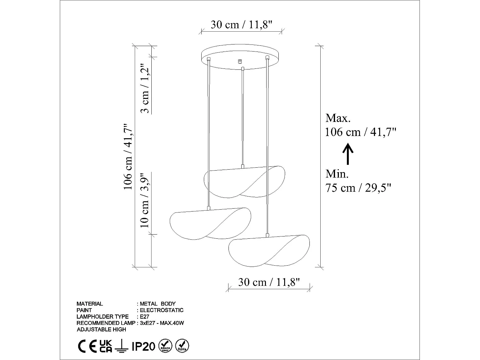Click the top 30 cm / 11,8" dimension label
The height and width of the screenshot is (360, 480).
pyautogui.click(x=241, y=25)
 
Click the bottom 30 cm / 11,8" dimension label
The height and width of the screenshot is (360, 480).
pyautogui.click(x=269, y=282)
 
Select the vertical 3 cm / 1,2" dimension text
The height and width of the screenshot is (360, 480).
pyautogui.click(x=145, y=89)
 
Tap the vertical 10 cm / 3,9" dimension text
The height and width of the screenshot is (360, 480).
pyautogui.click(x=145, y=200)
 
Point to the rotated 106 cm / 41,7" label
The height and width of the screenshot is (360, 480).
pyautogui.click(x=128, y=156)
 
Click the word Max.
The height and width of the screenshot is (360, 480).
pyautogui.click(x=338, y=118)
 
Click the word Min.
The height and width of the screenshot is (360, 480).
pyautogui.click(x=337, y=174)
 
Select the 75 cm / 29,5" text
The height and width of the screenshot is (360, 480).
pyautogui.click(x=358, y=188)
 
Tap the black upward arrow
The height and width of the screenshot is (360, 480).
pyautogui.click(x=348, y=154)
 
